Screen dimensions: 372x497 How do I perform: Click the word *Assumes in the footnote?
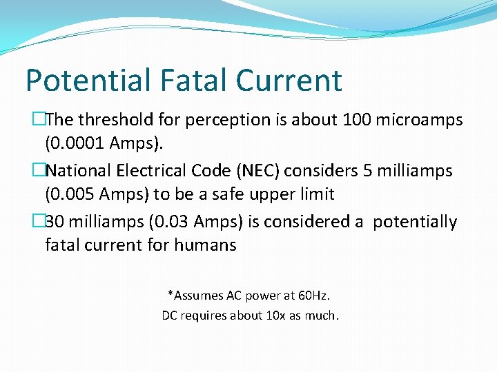[x=196, y=296]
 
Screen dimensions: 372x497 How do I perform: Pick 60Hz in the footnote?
[x=314, y=296]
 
